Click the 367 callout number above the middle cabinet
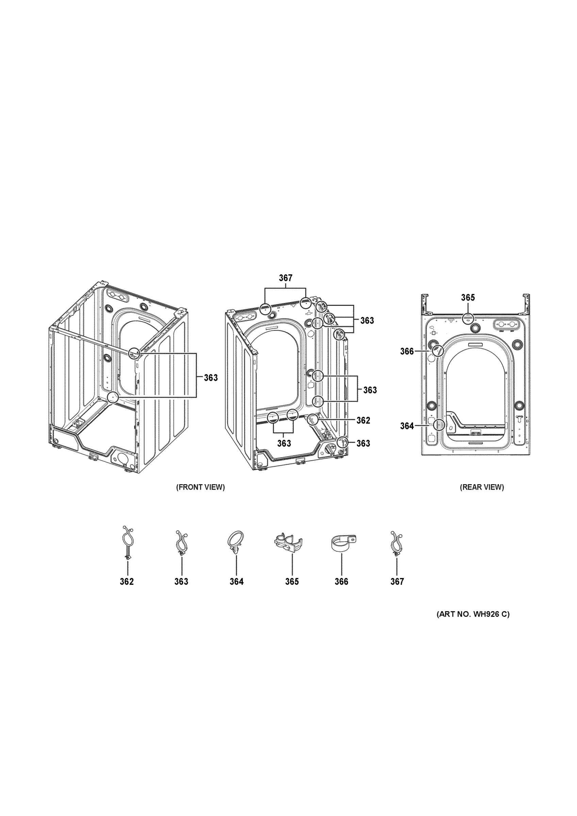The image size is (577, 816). (285, 278)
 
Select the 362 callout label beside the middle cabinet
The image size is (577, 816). (363, 421)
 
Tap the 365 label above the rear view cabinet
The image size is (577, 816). (468, 297)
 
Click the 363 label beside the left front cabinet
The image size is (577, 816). (211, 378)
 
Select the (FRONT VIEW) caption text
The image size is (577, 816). (200, 487)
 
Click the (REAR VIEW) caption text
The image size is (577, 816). (482, 487)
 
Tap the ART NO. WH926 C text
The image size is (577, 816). (473, 614)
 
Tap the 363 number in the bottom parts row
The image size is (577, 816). (181, 582)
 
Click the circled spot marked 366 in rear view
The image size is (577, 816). (438, 351)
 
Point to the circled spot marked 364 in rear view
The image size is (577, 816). (440, 425)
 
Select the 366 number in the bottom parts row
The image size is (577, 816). (341, 582)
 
